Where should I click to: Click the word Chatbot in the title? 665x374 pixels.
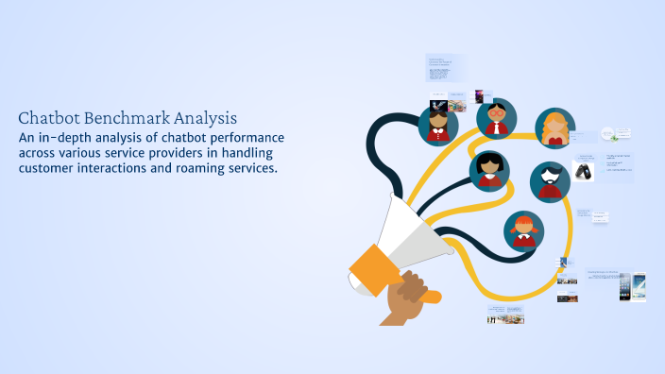click(49, 118)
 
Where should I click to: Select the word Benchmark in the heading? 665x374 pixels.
click(128, 118)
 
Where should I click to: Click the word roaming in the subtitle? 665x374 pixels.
click(200, 168)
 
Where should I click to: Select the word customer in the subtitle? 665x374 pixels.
click(48, 168)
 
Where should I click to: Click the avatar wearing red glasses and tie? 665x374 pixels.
click(496, 118)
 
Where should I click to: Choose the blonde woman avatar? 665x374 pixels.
click(555, 129)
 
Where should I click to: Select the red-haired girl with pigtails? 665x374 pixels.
click(523, 229)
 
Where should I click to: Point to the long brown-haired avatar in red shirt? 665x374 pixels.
click(438, 124)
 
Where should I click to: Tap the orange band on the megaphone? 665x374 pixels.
click(371, 269)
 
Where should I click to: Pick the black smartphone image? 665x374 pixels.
click(624, 286)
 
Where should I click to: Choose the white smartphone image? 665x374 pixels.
click(639, 286)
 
